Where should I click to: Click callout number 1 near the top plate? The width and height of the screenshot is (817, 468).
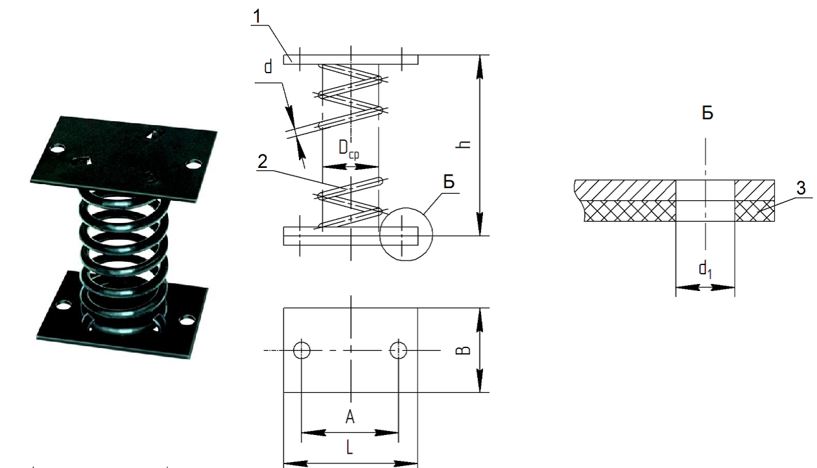257,16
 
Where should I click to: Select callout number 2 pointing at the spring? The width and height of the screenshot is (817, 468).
262,161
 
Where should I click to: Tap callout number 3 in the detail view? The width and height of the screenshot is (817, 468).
801,188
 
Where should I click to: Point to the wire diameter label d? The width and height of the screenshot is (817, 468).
268,67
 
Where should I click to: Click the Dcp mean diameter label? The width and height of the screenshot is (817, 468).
349,150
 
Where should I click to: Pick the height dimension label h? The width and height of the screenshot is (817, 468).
464,145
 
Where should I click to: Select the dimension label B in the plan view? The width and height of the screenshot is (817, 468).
464,350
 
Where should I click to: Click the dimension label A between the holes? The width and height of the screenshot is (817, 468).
349,417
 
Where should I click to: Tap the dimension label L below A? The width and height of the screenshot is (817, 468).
349,447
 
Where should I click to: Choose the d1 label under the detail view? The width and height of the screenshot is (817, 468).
705,270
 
